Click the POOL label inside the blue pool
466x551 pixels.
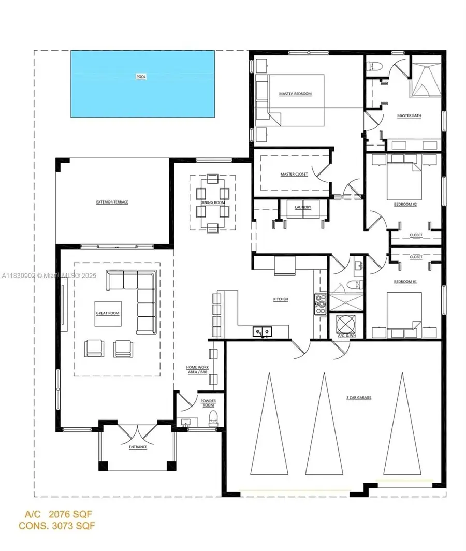coord(141,77)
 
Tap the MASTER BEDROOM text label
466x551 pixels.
coord(295,94)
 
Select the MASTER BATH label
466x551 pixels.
coord(409,115)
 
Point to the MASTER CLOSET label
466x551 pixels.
coord(294,174)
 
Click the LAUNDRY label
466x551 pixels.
coord(303,207)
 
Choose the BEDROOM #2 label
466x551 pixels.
coord(405,205)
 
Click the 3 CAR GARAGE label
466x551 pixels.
coord(359,398)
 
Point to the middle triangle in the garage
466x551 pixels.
coord(324,425)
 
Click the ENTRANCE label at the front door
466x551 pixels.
coord(138,447)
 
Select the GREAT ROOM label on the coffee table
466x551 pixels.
coord(108,313)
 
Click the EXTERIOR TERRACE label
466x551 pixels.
coord(112,202)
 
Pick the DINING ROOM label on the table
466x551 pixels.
coord(212,202)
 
